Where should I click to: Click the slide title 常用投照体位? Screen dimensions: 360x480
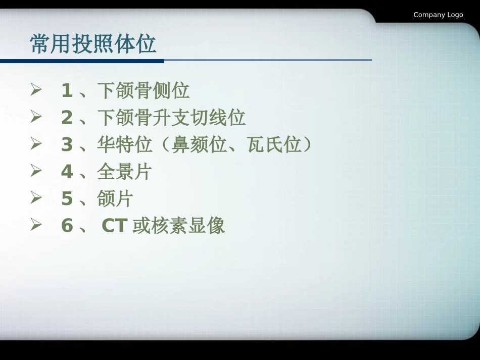coord(93,44)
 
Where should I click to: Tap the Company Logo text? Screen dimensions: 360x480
coord(438,15)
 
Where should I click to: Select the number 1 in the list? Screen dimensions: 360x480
coord(67,91)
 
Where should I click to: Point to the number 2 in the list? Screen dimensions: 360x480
coord(67,118)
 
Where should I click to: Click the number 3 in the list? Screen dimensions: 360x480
coord(67,145)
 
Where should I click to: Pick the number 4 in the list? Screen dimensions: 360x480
coord(67,172)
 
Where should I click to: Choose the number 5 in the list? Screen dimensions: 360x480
coord(67,199)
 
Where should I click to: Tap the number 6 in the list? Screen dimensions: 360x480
coord(67,226)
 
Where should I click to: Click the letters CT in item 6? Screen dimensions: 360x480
coord(114,226)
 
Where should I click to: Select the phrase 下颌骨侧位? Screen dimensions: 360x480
coord(143,91)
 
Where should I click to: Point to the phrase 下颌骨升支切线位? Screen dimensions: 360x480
coord(171,118)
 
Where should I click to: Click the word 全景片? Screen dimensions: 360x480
coord(125,172)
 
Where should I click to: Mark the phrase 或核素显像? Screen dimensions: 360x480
coord(179,226)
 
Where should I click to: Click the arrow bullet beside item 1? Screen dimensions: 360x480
coord(35,90)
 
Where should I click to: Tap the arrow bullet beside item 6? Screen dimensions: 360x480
coord(35,225)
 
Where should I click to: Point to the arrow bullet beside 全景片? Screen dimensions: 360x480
coord(35,171)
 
